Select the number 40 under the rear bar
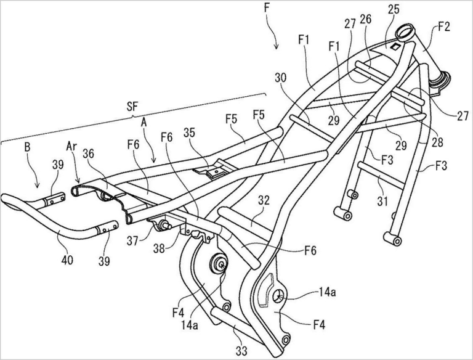click(67, 261)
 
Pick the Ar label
click(71, 150)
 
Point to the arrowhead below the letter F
click(277, 46)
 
